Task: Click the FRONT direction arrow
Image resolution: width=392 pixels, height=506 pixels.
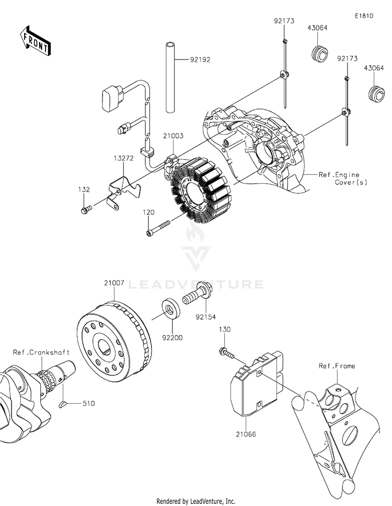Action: [35, 40]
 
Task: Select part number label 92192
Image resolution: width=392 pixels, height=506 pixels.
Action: [200, 60]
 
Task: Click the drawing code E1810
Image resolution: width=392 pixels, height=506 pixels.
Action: [364, 16]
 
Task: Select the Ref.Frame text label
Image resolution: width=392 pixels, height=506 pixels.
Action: [337, 366]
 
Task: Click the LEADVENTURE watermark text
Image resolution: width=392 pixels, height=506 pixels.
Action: [196, 284]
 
